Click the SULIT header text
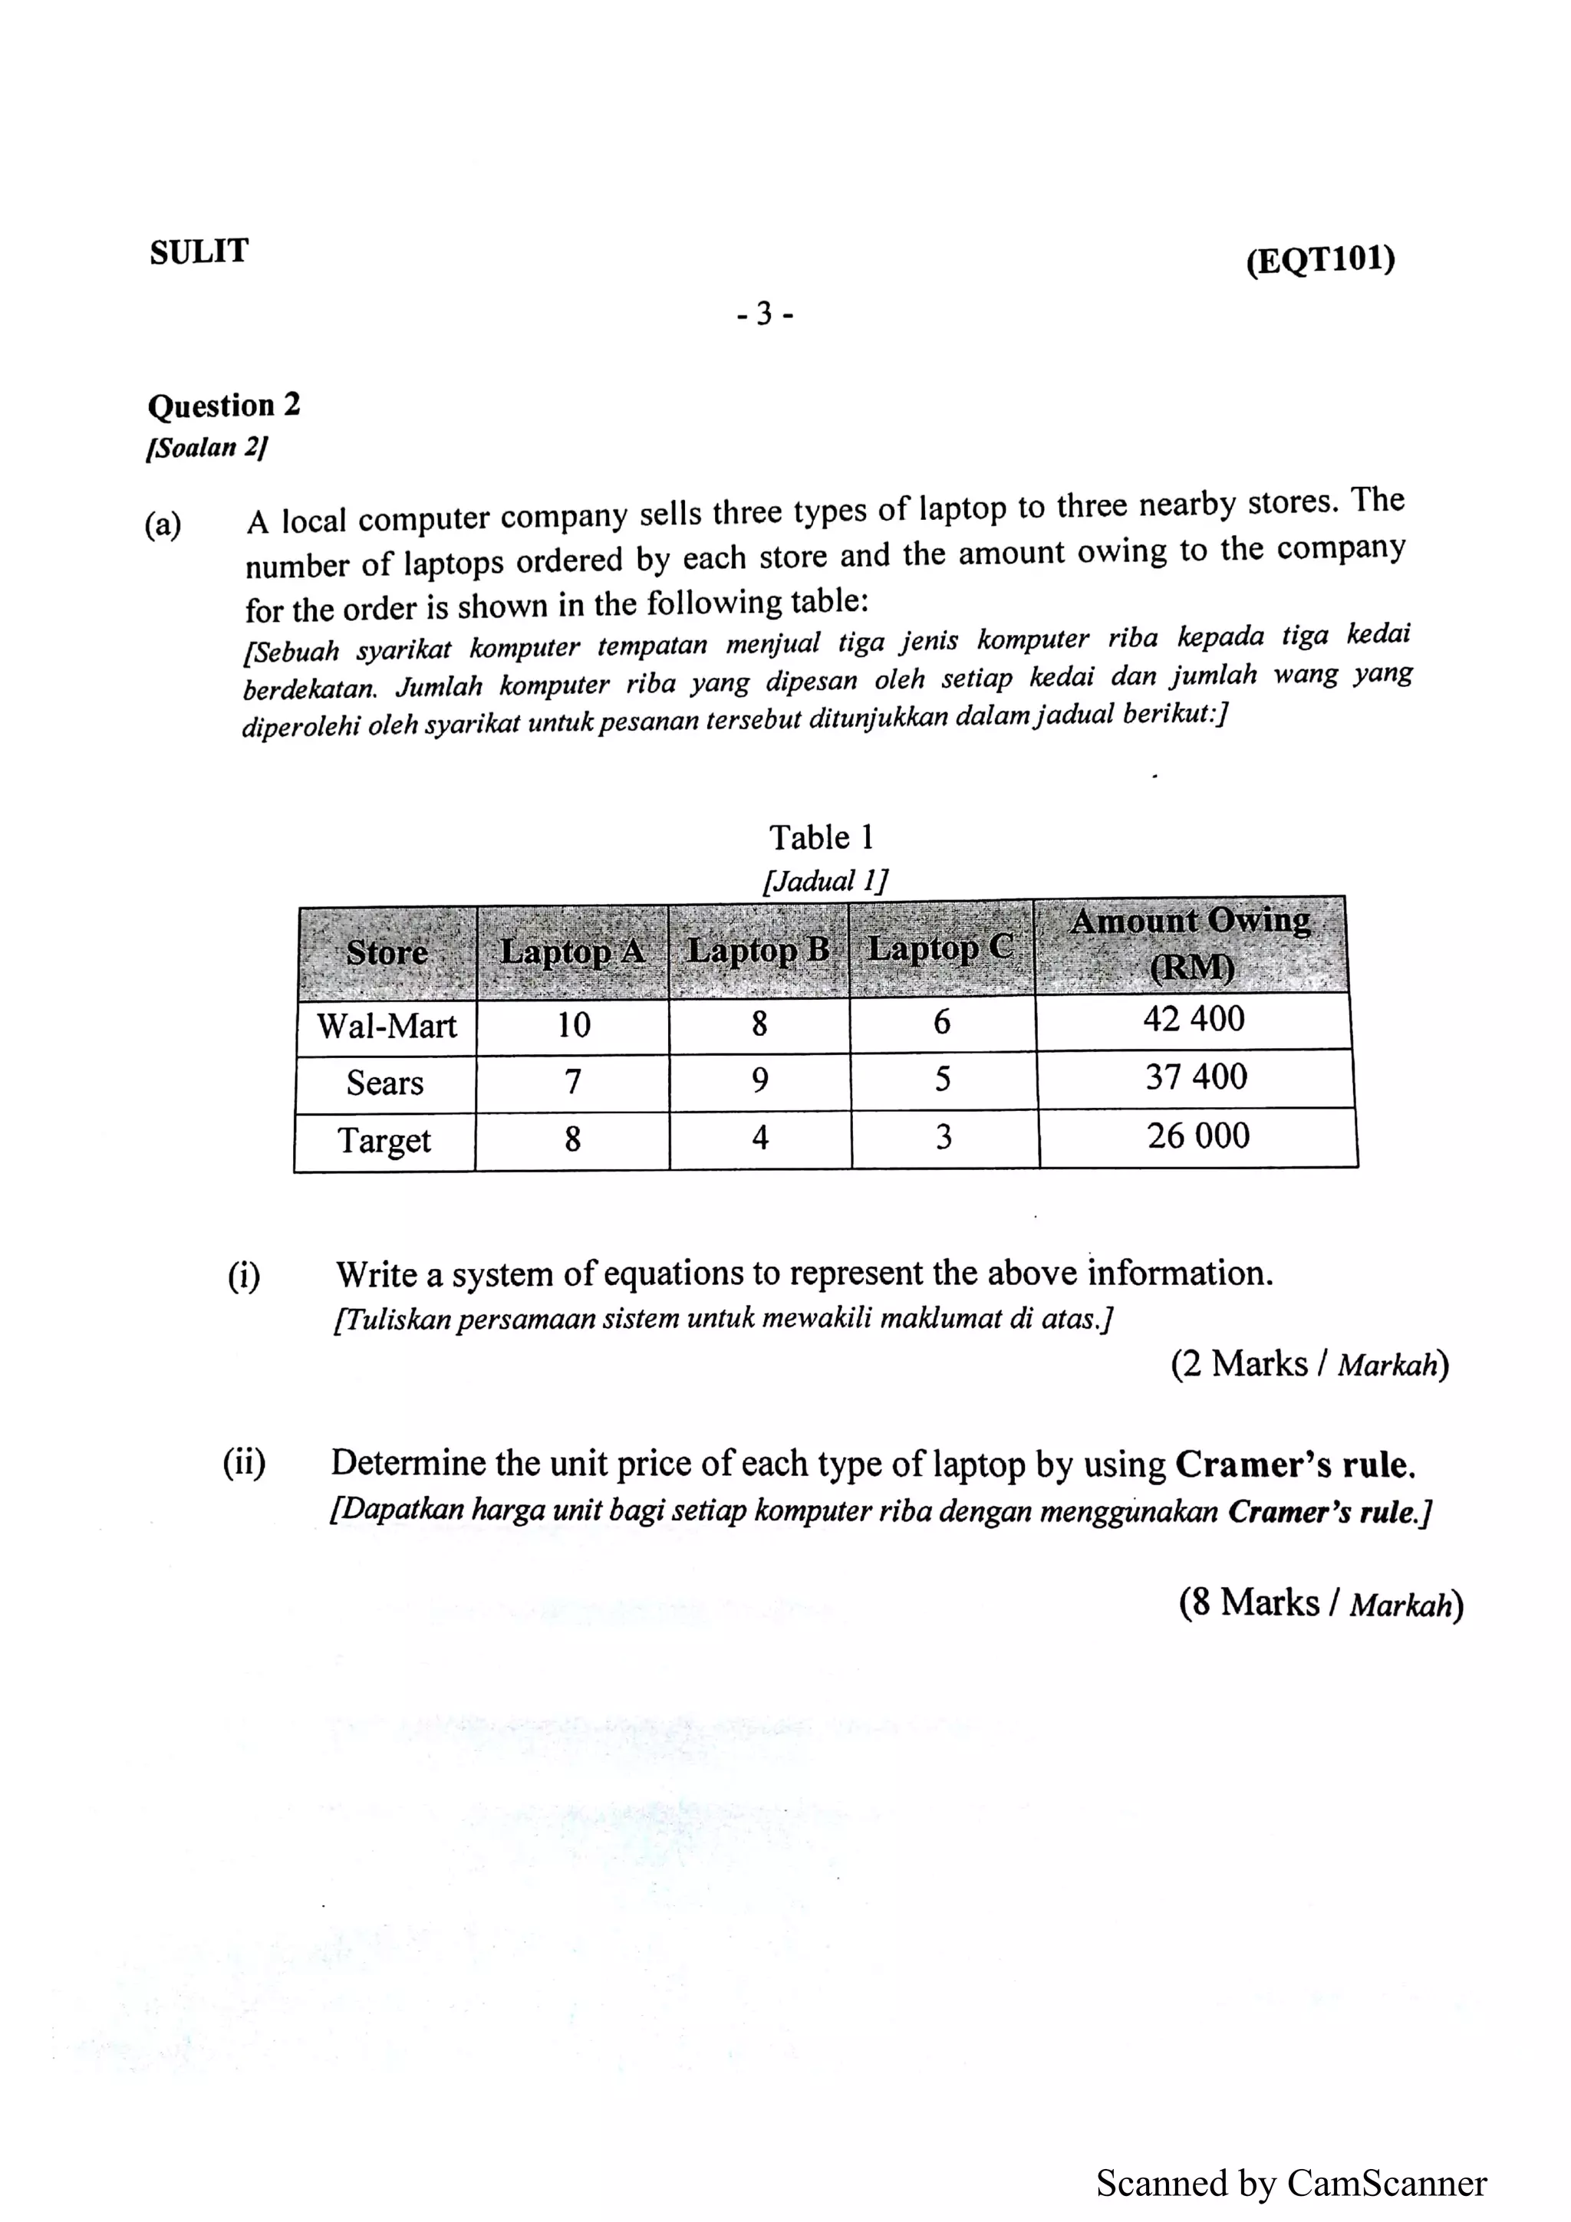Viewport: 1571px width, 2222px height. [x=199, y=251]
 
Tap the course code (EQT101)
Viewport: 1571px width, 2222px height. [x=1320, y=261]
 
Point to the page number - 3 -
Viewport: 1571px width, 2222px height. [x=764, y=314]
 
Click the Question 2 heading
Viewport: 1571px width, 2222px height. [x=223, y=405]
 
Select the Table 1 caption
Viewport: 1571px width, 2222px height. [x=821, y=837]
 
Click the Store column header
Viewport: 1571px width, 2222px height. [x=387, y=952]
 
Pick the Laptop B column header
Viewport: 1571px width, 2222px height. [x=759, y=949]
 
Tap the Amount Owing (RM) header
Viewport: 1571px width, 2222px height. [x=1191, y=944]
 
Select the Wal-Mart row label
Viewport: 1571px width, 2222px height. [x=386, y=1026]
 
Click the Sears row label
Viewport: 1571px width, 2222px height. [x=385, y=1083]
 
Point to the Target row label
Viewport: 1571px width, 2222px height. [x=384, y=1140]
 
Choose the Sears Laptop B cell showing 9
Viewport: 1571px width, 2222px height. [x=760, y=1080]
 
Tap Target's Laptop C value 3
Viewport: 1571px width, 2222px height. [x=944, y=1136]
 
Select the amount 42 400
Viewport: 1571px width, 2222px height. [x=1194, y=1019]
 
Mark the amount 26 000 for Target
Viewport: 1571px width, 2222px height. [x=1198, y=1136]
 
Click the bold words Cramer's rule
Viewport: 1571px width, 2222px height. [x=1294, y=1465]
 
